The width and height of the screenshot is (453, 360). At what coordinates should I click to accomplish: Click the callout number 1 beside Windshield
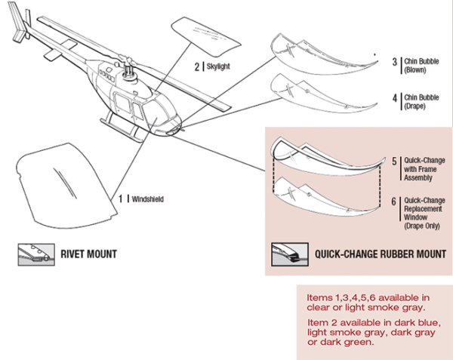tap(121, 199)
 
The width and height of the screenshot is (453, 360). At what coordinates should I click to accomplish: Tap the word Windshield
tap(147, 199)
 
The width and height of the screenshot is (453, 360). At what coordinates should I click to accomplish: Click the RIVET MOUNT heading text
tap(88, 254)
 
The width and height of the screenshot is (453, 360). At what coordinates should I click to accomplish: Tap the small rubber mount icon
tap(288, 254)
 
